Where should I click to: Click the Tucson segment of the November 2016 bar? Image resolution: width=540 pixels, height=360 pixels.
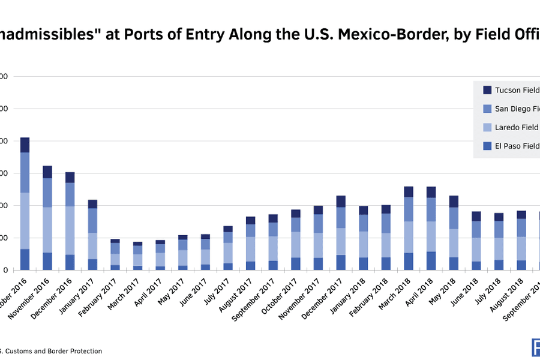(47, 172)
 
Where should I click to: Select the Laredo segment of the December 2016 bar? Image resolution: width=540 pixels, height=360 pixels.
(70, 230)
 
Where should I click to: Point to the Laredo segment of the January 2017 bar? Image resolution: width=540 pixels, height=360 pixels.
(93, 246)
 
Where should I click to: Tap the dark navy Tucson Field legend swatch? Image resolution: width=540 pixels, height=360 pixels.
(488, 90)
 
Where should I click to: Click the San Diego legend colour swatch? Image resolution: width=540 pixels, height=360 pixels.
(488, 109)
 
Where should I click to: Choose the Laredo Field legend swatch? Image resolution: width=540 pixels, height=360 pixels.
(488, 127)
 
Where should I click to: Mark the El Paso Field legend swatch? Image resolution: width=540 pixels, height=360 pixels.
(488, 145)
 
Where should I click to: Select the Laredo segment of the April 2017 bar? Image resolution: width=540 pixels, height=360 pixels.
(161, 259)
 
